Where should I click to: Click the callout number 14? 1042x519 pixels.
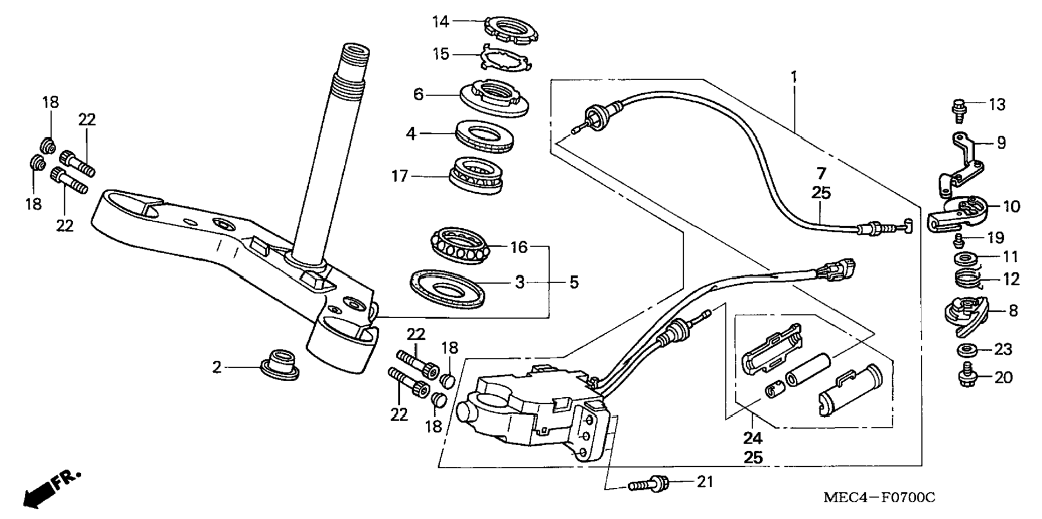[440, 22]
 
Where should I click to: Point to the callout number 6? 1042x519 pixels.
[419, 95]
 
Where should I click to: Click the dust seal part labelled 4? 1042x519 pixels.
[484, 137]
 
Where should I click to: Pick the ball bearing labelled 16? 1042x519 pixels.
[461, 246]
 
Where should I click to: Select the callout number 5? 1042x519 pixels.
[574, 282]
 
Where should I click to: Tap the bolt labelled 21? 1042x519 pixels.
[649, 484]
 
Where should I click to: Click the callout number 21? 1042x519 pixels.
[705, 482]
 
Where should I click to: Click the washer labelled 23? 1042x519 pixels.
[968, 349]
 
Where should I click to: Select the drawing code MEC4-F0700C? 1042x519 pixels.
[879, 497]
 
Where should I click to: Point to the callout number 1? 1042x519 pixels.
[794, 77]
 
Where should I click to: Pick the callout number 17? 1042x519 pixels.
[399, 176]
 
